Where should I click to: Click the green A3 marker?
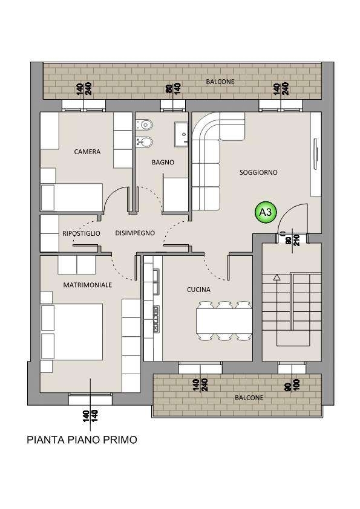pos(266,212)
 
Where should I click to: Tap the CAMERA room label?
pos(87,152)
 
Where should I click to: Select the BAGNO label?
pos(163,162)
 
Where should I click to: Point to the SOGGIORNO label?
pos(258,172)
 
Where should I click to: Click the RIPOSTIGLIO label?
pos(81,233)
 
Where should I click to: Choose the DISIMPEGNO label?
pos(135,233)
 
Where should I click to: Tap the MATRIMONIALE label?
pos(87,285)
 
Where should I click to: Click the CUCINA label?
pos(198,289)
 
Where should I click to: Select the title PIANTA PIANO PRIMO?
pos(82,440)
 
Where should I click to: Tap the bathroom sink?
pos(182,134)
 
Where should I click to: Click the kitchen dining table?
pos(224,321)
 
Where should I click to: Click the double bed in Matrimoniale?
pos(72,331)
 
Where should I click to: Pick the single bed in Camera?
pos(72,197)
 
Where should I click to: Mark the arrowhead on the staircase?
pos(277,277)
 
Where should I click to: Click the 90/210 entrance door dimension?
pos(292,238)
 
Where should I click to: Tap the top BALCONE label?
pos(220,82)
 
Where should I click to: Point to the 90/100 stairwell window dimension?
pos(292,385)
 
